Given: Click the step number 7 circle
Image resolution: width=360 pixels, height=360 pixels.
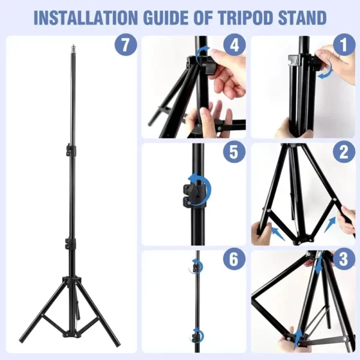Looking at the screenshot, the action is pos(126,44).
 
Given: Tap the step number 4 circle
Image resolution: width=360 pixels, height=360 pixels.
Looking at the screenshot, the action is pos(234,45).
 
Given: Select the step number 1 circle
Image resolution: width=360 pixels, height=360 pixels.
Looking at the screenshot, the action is pos(344,44).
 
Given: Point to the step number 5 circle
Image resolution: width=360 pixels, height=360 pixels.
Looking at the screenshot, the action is pos(234,152).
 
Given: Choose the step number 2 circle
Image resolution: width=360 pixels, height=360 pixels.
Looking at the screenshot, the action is pos(344,152).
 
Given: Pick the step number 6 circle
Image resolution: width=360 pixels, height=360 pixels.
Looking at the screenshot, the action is pos(234,259).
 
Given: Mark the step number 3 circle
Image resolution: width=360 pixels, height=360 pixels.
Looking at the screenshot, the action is pos(344,259).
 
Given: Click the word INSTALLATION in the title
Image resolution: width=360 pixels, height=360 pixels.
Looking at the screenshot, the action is pos(85,17).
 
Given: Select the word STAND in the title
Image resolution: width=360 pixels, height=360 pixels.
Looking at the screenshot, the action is pos(302,17).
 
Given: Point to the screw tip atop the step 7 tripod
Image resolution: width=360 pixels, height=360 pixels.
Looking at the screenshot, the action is pos(74,46).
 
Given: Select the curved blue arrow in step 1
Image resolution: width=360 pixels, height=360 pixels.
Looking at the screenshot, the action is pos(326,70).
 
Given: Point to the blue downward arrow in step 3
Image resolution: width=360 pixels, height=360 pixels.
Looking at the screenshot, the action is pos(319,264).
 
